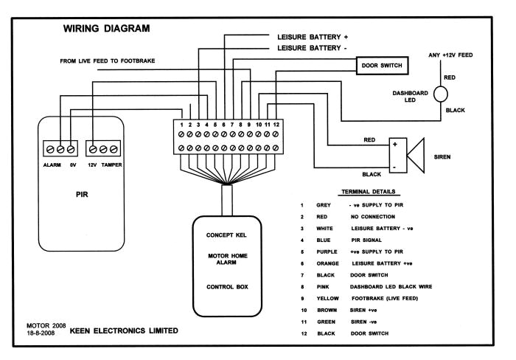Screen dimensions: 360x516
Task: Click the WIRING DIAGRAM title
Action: point(108,29)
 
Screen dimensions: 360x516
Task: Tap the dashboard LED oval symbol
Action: point(440,94)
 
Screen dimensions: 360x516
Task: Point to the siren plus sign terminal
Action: point(395,145)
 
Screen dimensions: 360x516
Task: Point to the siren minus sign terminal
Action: point(395,167)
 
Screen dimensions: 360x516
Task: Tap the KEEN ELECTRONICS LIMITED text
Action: point(124,330)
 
